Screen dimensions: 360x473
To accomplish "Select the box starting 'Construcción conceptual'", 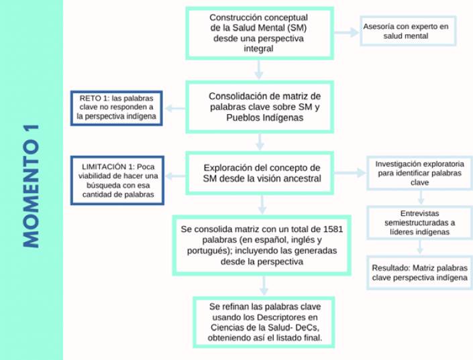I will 260,33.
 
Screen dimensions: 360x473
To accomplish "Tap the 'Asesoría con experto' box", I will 408,31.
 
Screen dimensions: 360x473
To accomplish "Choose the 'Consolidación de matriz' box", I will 260,106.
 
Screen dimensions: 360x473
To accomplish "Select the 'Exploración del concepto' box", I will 260,174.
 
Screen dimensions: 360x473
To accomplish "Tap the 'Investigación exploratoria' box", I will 419,173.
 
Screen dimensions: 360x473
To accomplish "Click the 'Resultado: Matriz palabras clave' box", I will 419,272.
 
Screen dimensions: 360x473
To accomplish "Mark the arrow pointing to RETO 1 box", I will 176,107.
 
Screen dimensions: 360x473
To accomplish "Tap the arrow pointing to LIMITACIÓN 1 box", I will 176,176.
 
